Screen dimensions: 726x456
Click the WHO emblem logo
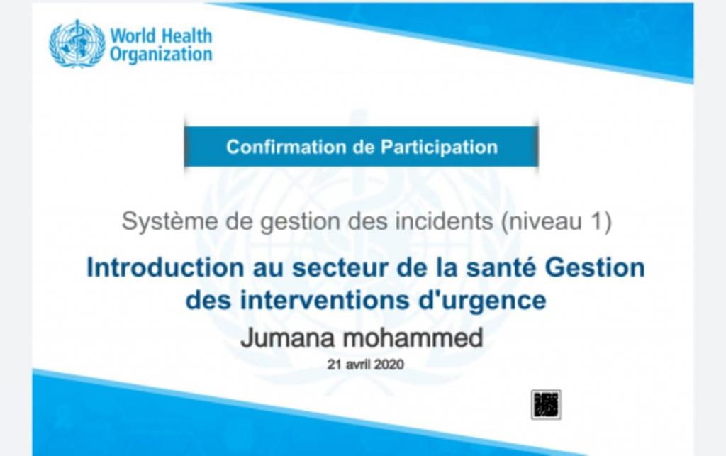tap(77, 43)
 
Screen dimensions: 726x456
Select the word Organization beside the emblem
tap(161, 55)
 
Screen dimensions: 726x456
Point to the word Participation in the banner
tap(440, 148)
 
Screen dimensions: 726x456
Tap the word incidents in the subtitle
tap(444, 221)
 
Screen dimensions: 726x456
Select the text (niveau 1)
tap(557, 221)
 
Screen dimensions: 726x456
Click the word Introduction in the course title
tap(165, 268)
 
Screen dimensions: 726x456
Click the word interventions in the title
tap(325, 300)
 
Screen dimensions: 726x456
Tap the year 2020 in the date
tap(389, 365)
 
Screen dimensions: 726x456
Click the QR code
tap(546, 405)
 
